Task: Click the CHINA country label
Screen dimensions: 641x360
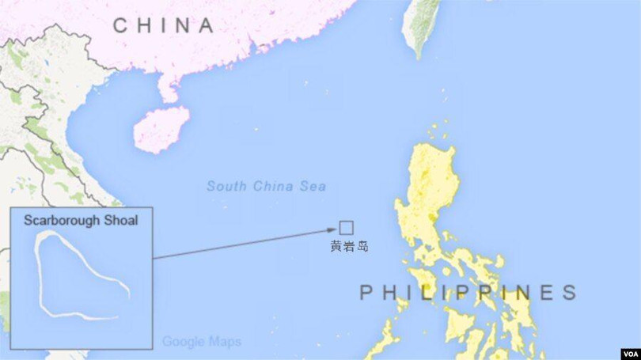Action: click(163, 25)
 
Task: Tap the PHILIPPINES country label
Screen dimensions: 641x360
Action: click(468, 293)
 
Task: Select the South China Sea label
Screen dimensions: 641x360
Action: click(266, 187)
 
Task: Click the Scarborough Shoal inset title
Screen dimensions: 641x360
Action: click(81, 220)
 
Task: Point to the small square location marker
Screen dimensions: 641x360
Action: click(346, 228)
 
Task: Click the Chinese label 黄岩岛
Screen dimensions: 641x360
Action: click(349, 246)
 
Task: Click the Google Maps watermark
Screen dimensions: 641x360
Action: click(202, 342)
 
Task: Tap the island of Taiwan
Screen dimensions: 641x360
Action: click(419, 28)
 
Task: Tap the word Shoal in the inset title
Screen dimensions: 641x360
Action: click(122, 220)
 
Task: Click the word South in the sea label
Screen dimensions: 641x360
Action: click(224, 187)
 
